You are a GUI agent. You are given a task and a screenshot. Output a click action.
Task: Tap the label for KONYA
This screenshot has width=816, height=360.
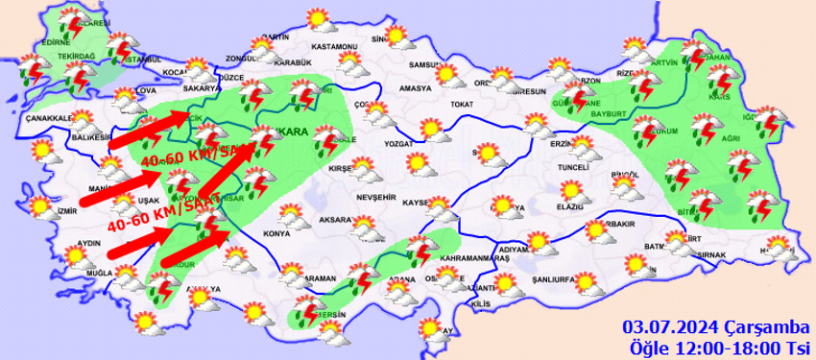coord(276,234)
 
